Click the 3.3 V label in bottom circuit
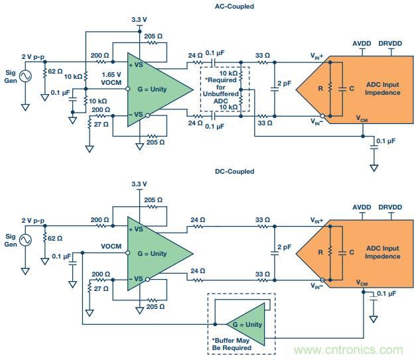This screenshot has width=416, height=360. [141, 184]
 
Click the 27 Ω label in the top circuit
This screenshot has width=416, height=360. [102, 124]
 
